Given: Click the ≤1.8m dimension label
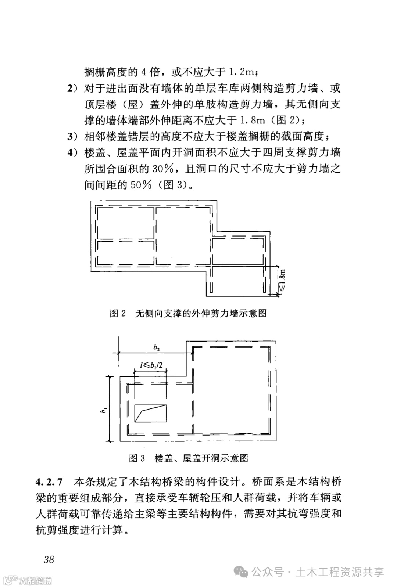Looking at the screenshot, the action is tap(282, 280).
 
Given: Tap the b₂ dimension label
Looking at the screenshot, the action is tap(157, 347).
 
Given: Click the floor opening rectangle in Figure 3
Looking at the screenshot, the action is tap(150, 413).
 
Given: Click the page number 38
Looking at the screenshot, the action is tap(49, 559).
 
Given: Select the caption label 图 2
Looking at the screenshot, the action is tap(118, 313).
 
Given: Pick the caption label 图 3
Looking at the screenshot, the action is tap(137, 458).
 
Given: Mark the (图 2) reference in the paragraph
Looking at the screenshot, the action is tap(286, 120).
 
